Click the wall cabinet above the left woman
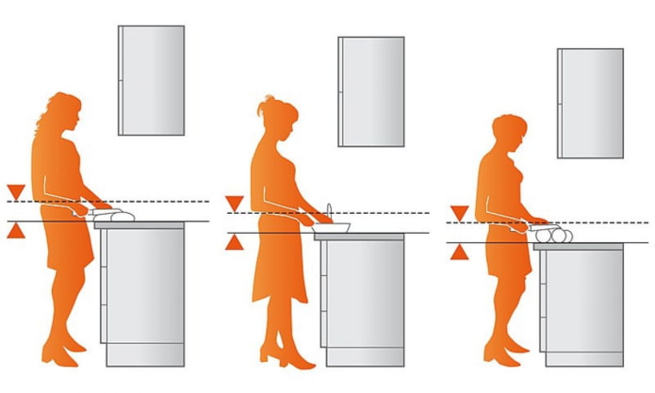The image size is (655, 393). click(x=151, y=80)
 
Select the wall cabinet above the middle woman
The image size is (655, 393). click(x=371, y=91)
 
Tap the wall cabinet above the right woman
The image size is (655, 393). click(x=590, y=103)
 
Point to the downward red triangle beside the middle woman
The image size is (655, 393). click(x=235, y=204)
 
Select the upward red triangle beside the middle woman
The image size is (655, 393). click(x=235, y=242)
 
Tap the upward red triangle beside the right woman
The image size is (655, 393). click(x=459, y=252)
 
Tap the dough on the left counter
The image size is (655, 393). click(x=114, y=216)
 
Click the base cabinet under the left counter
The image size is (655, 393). click(x=143, y=292)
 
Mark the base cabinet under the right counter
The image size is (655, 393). click(x=581, y=306)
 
